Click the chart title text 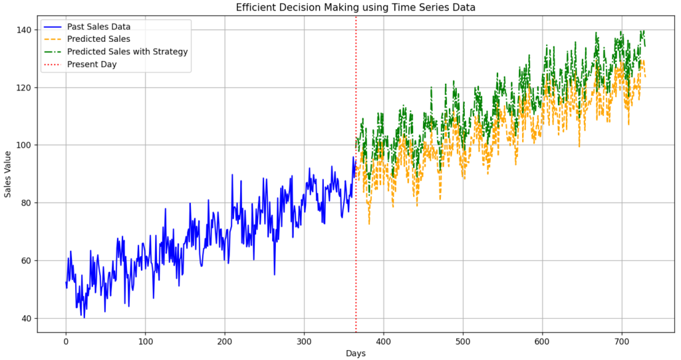coord(356,7)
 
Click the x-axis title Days coord(356,353)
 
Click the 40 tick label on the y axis coord(27,318)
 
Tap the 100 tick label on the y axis coord(25,145)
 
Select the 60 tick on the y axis coord(27,260)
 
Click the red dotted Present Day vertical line coord(356,200)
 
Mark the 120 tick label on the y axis coord(25,88)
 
